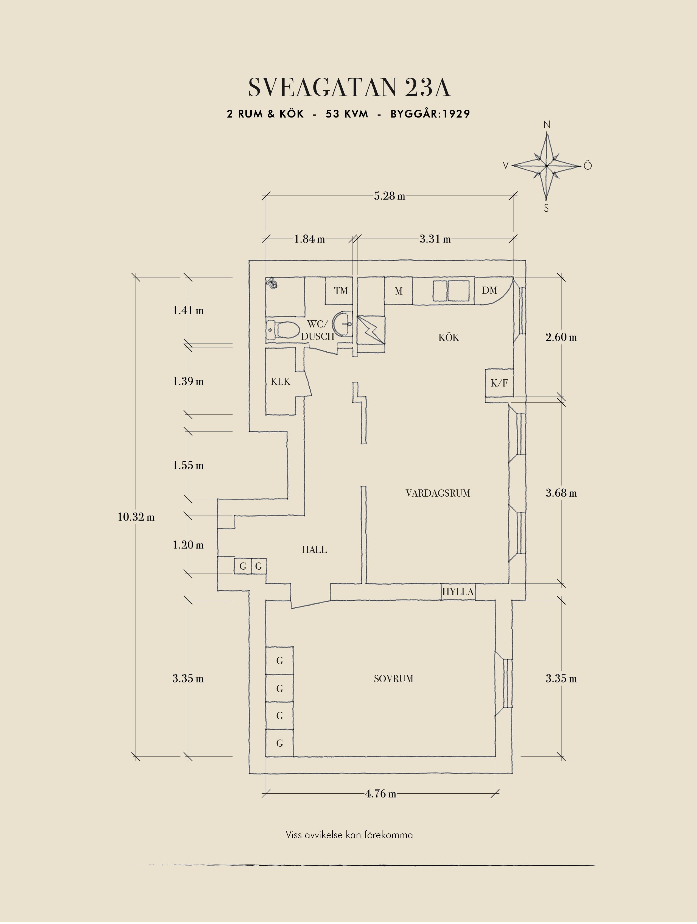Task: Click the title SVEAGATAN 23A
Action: pyautogui.click(x=349, y=88)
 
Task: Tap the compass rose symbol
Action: pyautogui.click(x=546, y=166)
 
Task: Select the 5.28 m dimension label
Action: pyautogui.click(x=389, y=196)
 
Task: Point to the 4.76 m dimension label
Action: pyautogui.click(x=380, y=794)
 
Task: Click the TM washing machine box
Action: pyautogui.click(x=340, y=291)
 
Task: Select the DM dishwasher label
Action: pyautogui.click(x=489, y=290)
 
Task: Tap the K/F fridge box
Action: pyautogui.click(x=499, y=383)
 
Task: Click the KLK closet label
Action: pyautogui.click(x=280, y=381)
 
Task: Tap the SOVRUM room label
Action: pyautogui.click(x=393, y=679)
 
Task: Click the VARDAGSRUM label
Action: pyautogui.click(x=438, y=493)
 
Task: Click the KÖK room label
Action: pyautogui.click(x=449, y=338)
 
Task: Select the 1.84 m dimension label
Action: pyautogui.click(x=309, y=239)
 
